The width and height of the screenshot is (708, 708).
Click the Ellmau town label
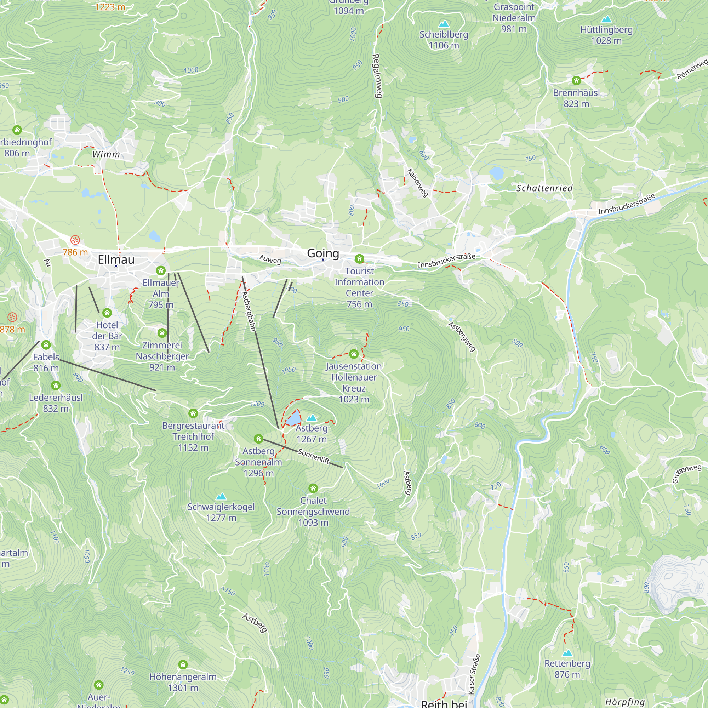(x=116, y=259)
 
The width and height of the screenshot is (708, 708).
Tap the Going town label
(x=323, y=253)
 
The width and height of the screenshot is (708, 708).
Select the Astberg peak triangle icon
(x=312, y=418)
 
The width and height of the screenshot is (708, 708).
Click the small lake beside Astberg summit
(x=293, y=418)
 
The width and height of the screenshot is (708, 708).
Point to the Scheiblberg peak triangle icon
(x=444, y=24)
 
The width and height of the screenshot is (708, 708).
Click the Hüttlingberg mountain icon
(x=606, y=19)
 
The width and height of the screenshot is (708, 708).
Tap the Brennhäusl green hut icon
(x=576, y=80)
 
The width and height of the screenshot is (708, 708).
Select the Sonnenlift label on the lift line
(x=314, y=456)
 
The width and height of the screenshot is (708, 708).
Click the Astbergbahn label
(x=249, y=311)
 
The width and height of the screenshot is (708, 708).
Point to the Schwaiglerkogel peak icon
(x=221, y=497)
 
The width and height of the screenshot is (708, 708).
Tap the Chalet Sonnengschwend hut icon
(x=313, y=488)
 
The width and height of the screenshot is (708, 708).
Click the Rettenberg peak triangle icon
(x=567, y=653)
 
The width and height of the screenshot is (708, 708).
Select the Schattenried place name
(x=544, y=188)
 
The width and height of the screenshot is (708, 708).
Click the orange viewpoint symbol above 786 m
(x=75, y=240)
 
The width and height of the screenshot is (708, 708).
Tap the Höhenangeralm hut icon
(x=183, y=664)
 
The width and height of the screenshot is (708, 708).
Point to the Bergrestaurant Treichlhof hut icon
(x=193, y=413)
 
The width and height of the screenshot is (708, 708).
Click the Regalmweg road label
(x=377, y=75)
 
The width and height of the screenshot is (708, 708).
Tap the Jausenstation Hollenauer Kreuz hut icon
(x=354, y=354)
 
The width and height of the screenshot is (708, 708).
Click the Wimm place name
(x=106, y=154)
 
